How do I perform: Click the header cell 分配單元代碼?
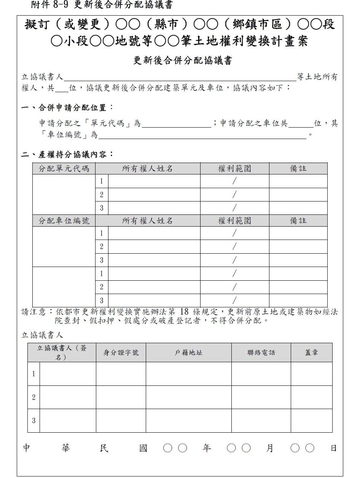pyautogui.click(x=64, y=168)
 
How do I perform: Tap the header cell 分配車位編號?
pyautogui.click(x=64, y=221)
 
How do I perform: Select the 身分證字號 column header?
pyautogui.click(x=121, y=353)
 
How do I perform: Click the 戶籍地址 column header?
pyautogui.click(x=188, y=353)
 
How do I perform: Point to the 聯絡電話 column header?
pyautogui.click(x=261, y=353)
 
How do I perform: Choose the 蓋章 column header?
pyautogui.click(x=311, y=353)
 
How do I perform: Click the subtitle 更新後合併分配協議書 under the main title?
pyautogui.click(x=183, y=61)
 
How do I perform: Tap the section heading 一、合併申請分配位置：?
pyautogui.click(x=67, y=107)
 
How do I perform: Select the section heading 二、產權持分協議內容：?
pyautogui.click(x=67, y=155)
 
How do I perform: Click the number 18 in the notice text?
pyautogui.click(x=184, y=312)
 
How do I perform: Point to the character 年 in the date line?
pyautogui.click(x=207, y=448)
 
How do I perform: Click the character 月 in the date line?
pyautogui.click(x=270, y=448)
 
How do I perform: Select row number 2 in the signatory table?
pyautogui.click(x=33, y=397)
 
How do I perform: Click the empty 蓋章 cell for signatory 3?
pyautogui.click(x=311, y=420)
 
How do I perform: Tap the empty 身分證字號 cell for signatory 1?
pyautogui.click(x=121, y=374)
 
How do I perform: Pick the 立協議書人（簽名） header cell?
pyautogui.click(x=62, y=353)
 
